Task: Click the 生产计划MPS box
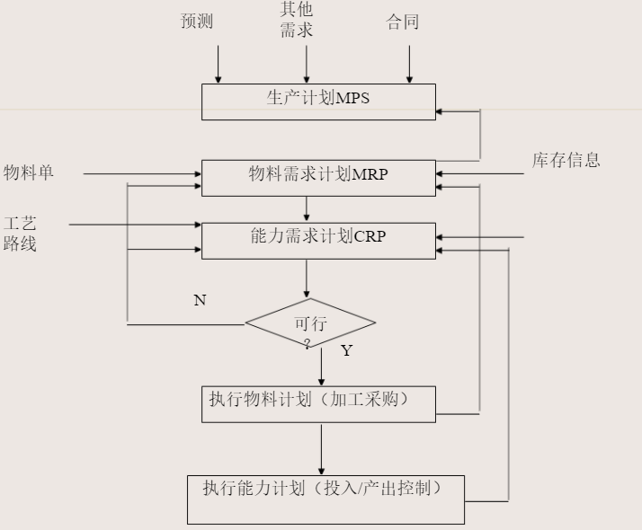[318, 102]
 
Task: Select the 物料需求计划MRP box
[318, 177]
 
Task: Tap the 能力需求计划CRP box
[318, 241]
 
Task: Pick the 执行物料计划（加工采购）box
[318, 403]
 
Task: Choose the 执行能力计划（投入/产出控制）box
[325, 499]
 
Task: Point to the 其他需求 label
[296, 21]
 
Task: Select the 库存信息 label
[566, 161]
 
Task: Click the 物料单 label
[29, 172]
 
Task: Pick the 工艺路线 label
[20, 233]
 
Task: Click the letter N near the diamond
[200, 300]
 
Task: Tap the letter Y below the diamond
[346, 350]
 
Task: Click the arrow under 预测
[218, 64]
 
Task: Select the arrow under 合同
[409, 64]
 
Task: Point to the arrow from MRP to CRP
[307, 208]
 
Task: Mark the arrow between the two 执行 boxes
[321, 448]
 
